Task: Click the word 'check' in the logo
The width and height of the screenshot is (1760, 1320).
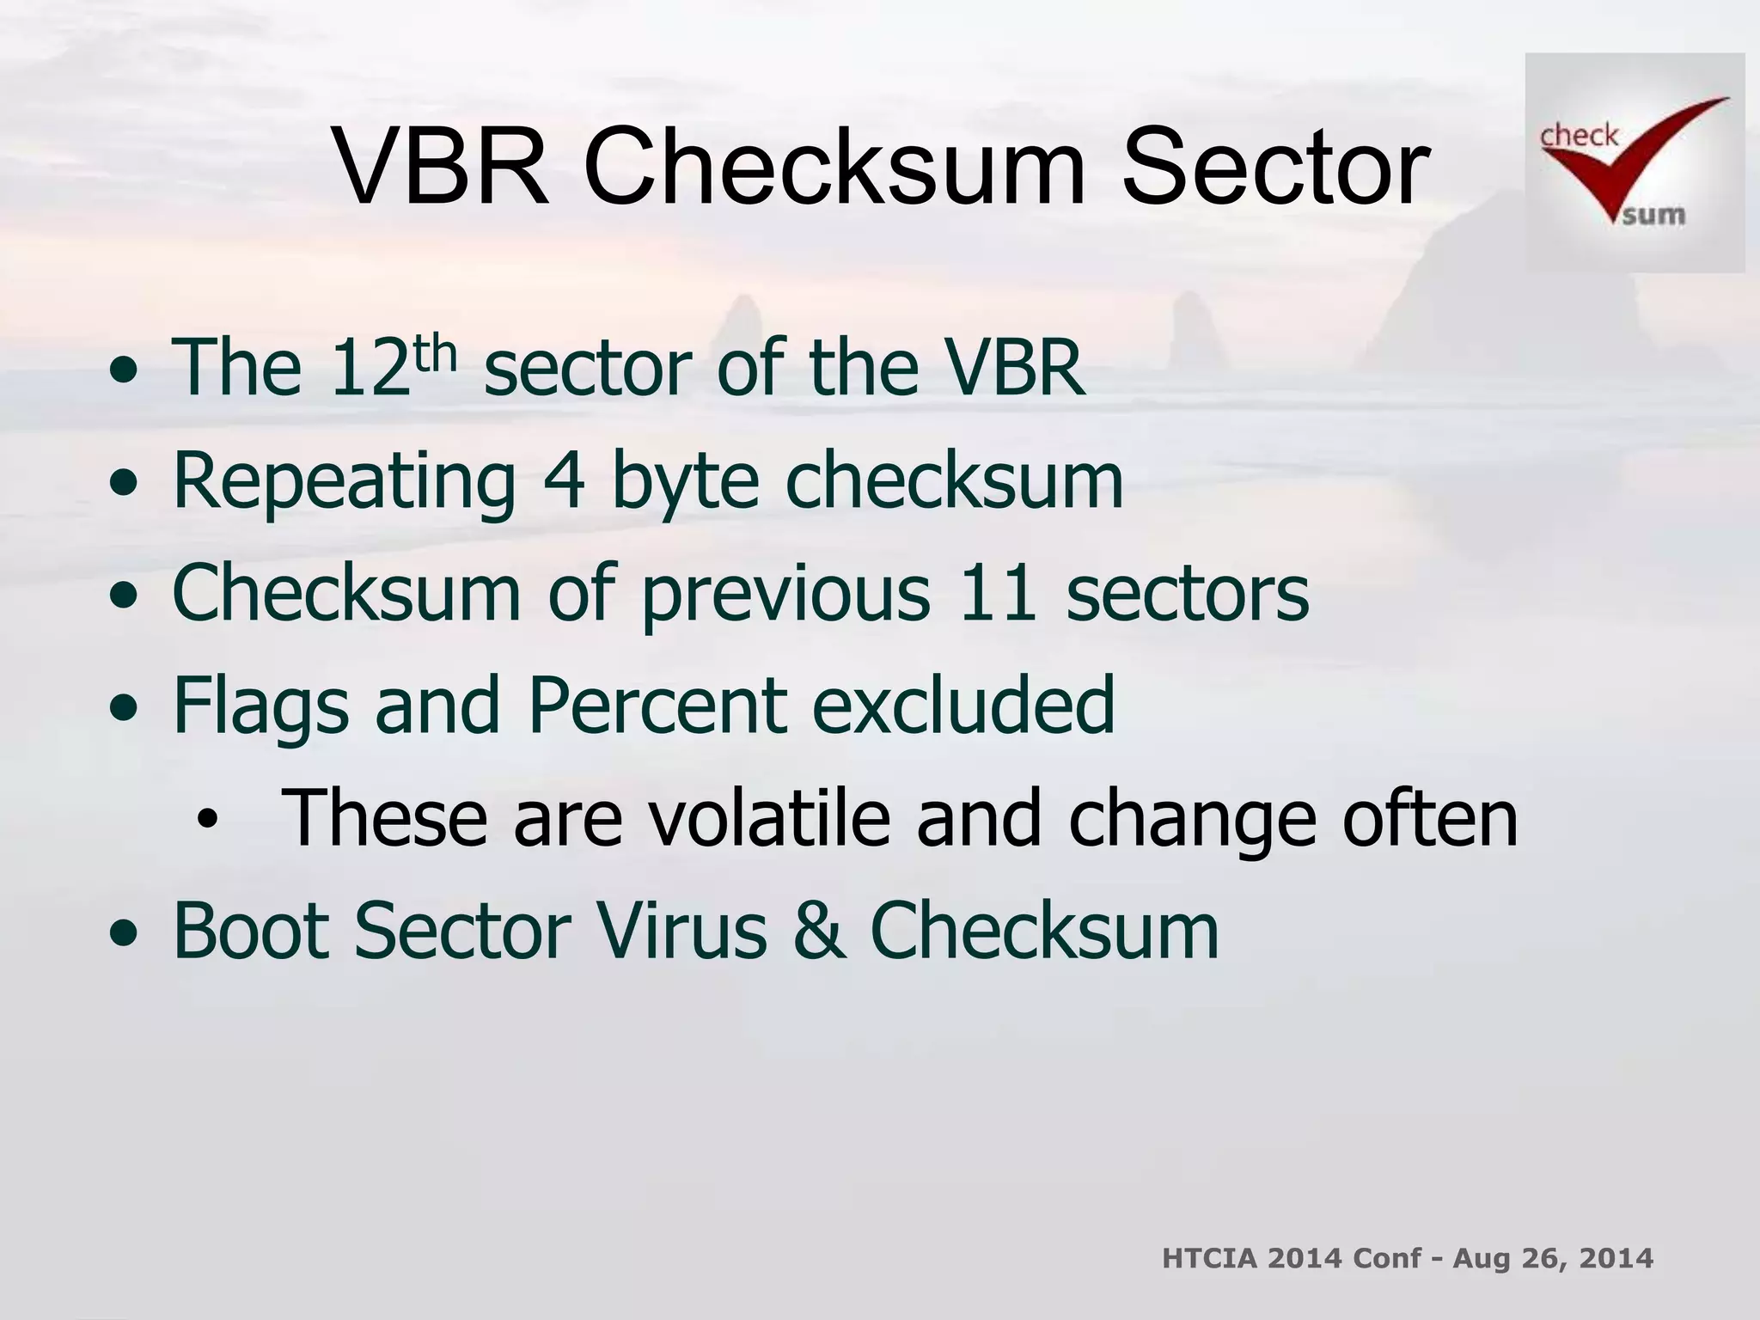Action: pos(1579,136)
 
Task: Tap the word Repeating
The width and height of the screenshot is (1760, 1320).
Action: pos(344,481)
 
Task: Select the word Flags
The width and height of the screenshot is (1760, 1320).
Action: pos(260,706)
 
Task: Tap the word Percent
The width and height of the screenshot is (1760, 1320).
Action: pos(657,706)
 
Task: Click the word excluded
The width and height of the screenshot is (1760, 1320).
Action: pos(963,706)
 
